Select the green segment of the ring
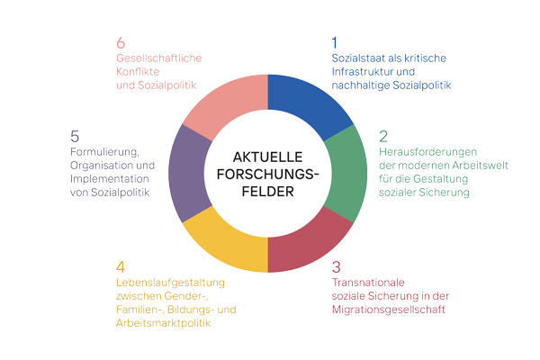(x=347, y=174)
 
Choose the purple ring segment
(x=188, y=174)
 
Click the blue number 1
(x=335, y=42)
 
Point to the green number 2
(x=383, y=137)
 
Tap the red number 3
(x=336, y=267)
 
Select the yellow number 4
(x=121, y=267)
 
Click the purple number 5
(x=75, y=137)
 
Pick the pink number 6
(x=121, y=42)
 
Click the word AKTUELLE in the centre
(x=267, y=157)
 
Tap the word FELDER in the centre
(x=267, y=192)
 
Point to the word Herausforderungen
(x=428, y=152)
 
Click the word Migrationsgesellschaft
(x=389, y=310)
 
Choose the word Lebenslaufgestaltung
(x=170, y=283)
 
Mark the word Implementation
(x=110, y=179)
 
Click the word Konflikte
(x=138, y=72)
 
